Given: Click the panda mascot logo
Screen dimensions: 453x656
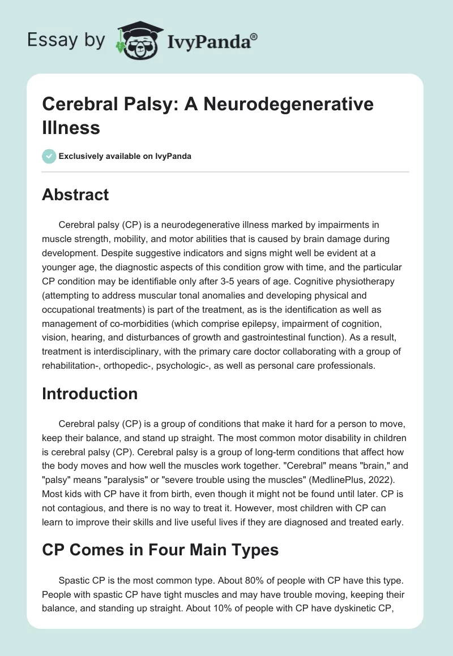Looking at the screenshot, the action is tap(139, 41).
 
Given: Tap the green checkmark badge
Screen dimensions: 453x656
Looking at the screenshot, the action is tap(49, 156).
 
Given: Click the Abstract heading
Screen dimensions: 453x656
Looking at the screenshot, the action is tap(75, 195).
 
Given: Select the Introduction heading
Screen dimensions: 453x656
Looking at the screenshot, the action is tap(89, 394).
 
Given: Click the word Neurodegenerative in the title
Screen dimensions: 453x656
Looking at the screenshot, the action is tap(288, 103).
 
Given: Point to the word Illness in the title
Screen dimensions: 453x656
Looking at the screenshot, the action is tap(71, 127).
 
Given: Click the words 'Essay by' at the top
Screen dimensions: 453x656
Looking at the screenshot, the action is tap(66, 40).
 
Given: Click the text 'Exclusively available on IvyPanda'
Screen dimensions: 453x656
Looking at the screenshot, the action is tap(125, 156).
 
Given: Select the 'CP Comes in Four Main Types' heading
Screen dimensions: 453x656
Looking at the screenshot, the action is tap(160, 550).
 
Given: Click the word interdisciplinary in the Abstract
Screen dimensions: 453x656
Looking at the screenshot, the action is tap(122, 351).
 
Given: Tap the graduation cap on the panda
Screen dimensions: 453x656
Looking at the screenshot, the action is tap(140, 28).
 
